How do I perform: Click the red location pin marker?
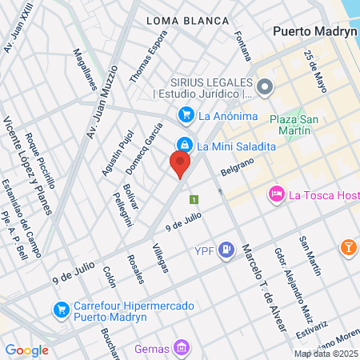click(180, 164)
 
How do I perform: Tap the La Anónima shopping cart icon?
click(186, 115)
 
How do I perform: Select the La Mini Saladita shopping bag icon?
click(185, 145)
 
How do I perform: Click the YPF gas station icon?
click(227, 251)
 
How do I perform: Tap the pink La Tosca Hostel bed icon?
click(276, 194)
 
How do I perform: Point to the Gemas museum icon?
click(182, 348)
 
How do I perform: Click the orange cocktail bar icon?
click(349, 247)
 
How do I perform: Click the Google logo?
click(27, 350)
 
